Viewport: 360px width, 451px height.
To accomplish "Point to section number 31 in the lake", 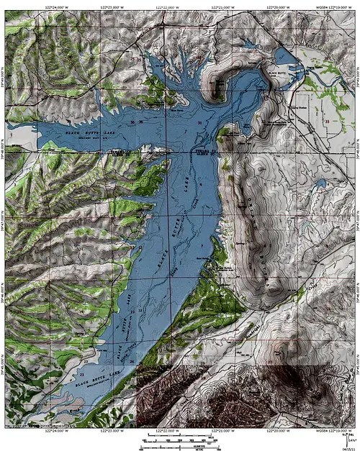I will click(199, 124).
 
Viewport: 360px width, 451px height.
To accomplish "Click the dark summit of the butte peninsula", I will click(217, 86).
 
